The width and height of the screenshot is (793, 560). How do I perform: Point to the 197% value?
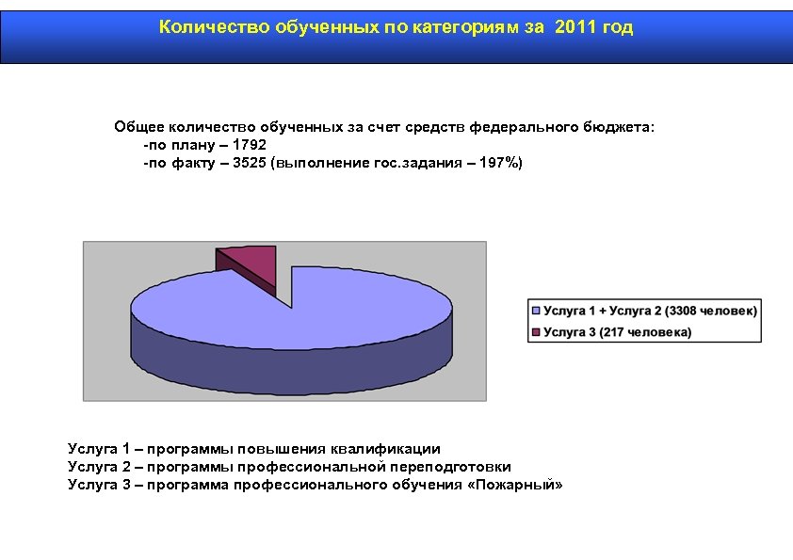497,163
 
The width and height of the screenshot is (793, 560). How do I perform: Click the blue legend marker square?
537,311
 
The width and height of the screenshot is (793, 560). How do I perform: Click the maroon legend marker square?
537,331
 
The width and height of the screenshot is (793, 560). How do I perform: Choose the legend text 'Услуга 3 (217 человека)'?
617,331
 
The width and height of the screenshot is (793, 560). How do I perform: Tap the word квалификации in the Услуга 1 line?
392,449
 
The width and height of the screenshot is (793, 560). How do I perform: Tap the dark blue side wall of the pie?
292,362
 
